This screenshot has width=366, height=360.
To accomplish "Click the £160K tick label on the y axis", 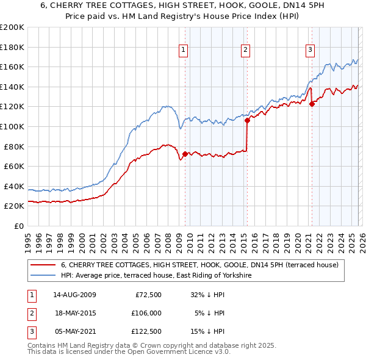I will click(12, 67).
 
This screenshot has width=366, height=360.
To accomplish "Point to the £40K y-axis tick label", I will click(14, 186).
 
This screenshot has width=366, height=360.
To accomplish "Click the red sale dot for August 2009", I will click(185, 154).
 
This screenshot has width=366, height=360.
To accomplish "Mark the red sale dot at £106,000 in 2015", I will click(247, 120).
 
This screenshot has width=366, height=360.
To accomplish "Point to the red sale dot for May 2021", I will click(312, 104).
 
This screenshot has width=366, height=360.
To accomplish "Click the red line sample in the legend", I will click(43, 265).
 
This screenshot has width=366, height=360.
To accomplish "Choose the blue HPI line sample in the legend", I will click(43, 276).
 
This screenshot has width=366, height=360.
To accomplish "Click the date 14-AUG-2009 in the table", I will click(74, 295).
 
